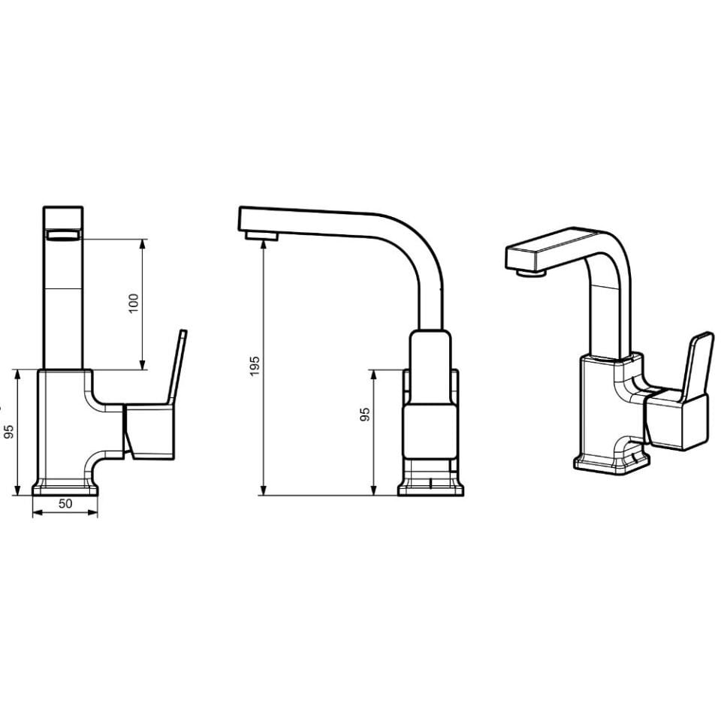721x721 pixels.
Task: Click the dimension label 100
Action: click(x=134, y=303)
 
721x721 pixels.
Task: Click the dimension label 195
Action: click(x=255, y=366)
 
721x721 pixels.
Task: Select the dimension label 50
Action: click(x=65, y=503)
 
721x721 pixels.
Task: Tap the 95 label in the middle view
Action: click(x=365, y=415)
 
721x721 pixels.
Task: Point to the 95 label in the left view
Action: click(x=9, y=431)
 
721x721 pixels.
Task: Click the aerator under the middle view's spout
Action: click(x=261, y=236)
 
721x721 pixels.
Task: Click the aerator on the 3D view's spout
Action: click(x=531, y=273)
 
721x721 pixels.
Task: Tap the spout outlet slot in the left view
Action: click(x=63, y=235)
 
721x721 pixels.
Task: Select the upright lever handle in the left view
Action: click(x=177, y=368)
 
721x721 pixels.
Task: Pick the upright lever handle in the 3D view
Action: click(x=697, y=366)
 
